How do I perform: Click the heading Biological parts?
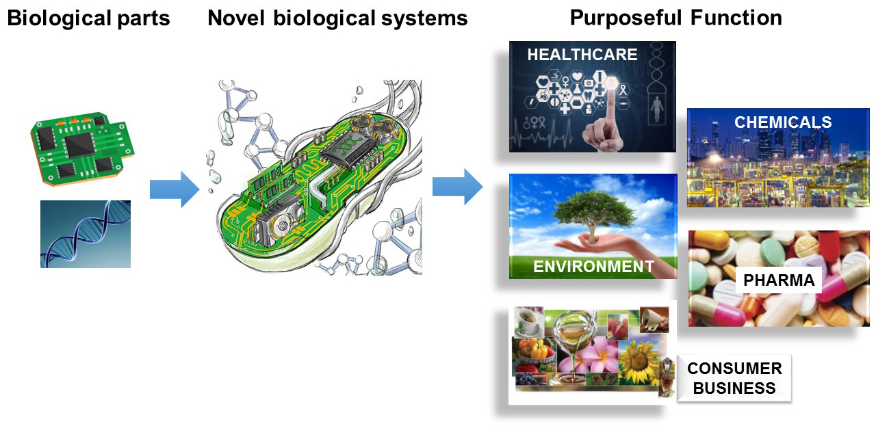coord(88,18)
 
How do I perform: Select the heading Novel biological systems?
coord(337,18)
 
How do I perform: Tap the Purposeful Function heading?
coord(675,18)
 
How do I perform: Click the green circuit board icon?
coord(83,148)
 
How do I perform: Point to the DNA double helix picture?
coord(86,234)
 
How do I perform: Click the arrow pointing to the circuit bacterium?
coord(175,189)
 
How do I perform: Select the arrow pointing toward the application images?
coord(458,187)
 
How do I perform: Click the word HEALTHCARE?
coord(582,55)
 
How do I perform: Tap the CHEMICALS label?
coord(783,122)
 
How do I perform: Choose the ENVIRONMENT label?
coord(593,267)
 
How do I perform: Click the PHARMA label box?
coord(779,280)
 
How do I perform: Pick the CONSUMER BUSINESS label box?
coord(734,378)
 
